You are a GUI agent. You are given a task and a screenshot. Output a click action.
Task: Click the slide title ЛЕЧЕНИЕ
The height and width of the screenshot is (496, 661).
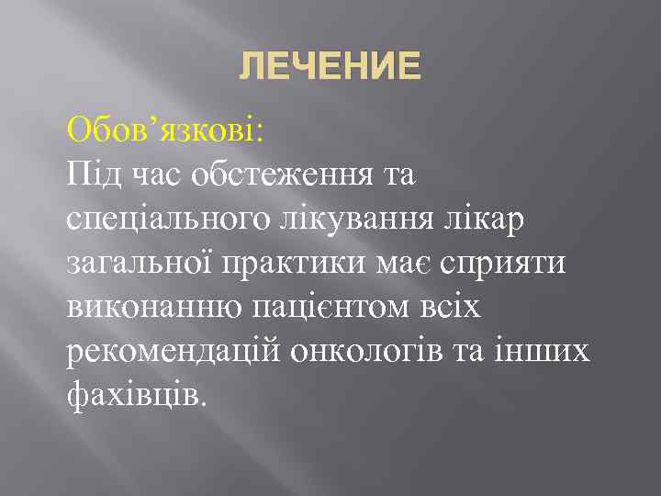point(330,66)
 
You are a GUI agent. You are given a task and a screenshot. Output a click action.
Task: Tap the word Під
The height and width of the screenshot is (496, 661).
point(95,173)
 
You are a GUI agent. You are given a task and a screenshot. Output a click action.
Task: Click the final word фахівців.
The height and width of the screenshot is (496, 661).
point(138,395)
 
